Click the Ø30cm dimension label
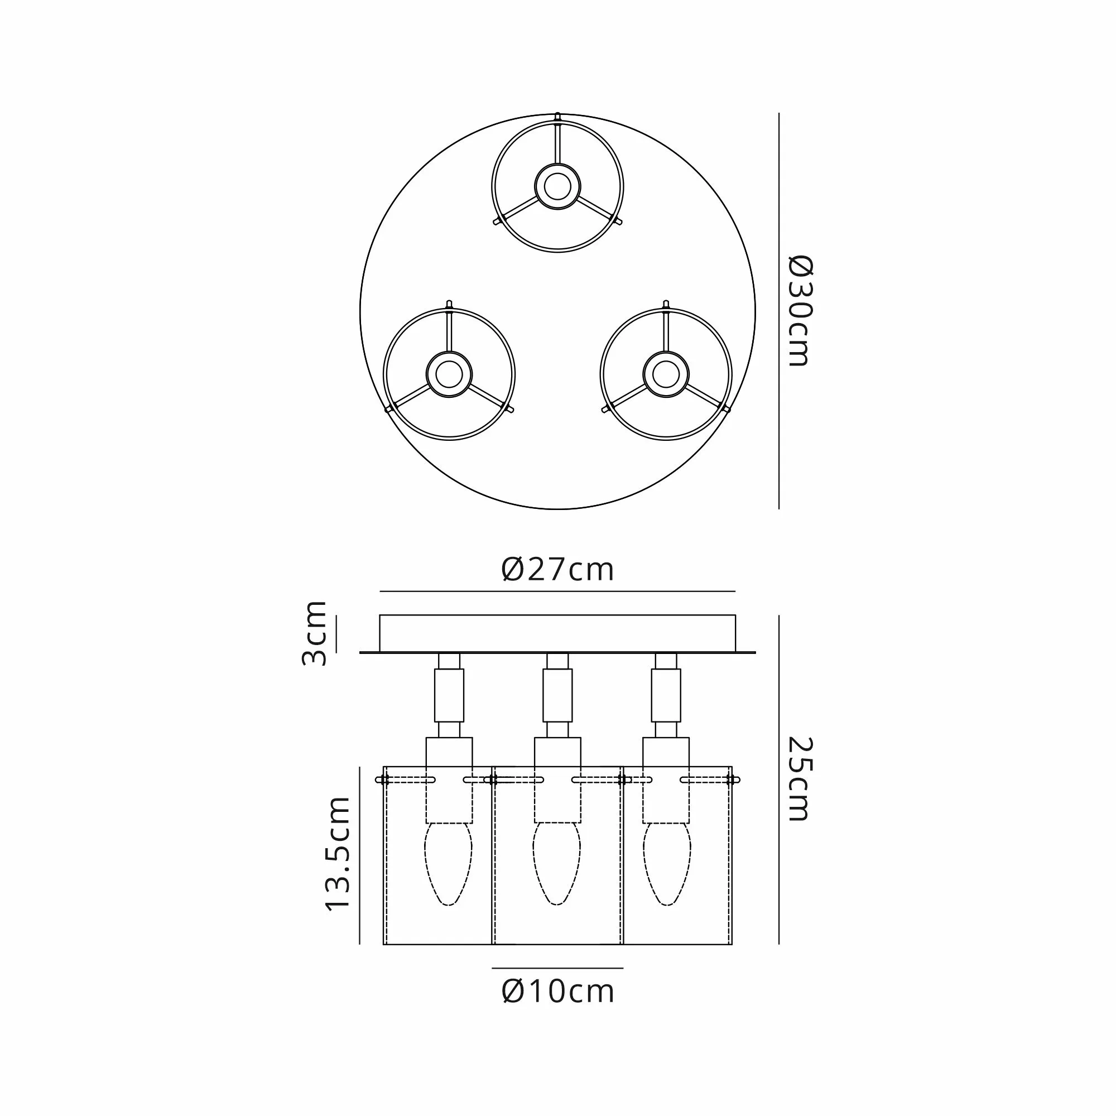(x=801, y=311)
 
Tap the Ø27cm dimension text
(x=557, y=570)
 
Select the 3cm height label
(x=315, y=633)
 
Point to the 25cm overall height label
(x=801, y=778)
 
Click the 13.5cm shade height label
(x=338, y=854)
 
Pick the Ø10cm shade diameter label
(x=558, y=991)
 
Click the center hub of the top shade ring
(x=557, y=186)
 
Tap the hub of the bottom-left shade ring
(x=449, y=374)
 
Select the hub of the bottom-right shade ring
(x=666, y=374)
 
